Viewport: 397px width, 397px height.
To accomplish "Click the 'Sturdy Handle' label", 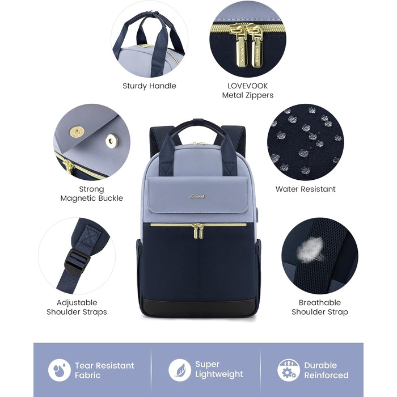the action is pyautogui.click(x=149, y=86).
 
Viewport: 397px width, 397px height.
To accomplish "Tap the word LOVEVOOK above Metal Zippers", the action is pyautogui.click(x=247, y=86).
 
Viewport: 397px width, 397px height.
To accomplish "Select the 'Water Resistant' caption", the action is pyautogui.click(x=305, y=189).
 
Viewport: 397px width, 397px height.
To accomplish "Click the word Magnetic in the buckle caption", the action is pyautogui.click(x=78, y=198).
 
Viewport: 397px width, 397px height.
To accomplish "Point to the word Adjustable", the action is pyautogui.click(x=77, y=302).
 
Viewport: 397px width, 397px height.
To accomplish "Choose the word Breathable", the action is pyautogui.click(x=319, y=302).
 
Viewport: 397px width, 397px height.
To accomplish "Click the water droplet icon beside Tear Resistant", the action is pyautogui.click(x=60, y=370).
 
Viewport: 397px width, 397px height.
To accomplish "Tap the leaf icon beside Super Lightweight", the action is pyautogui.click(x=180, y=370).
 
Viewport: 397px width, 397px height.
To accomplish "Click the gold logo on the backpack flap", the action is pyautogui.click(x=196, y=196).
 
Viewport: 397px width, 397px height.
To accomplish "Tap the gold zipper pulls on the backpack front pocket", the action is pyautogui.click(x=197, y=231).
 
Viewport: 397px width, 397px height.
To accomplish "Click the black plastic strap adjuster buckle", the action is pyautogui.click(x=77, y=261).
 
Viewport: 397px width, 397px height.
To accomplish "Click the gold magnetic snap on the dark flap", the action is pyautogui.click(x=77, y=132).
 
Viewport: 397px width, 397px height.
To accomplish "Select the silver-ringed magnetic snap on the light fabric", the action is pyautogui.click(x=112, y=141).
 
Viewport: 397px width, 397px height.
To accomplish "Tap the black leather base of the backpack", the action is pyautogui.click(x=199, y=307).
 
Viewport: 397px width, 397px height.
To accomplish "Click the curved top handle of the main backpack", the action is pyautogui.click(x=198, y=125).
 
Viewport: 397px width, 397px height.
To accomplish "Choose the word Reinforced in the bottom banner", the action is pyautogui.click(x=326, y=375).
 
